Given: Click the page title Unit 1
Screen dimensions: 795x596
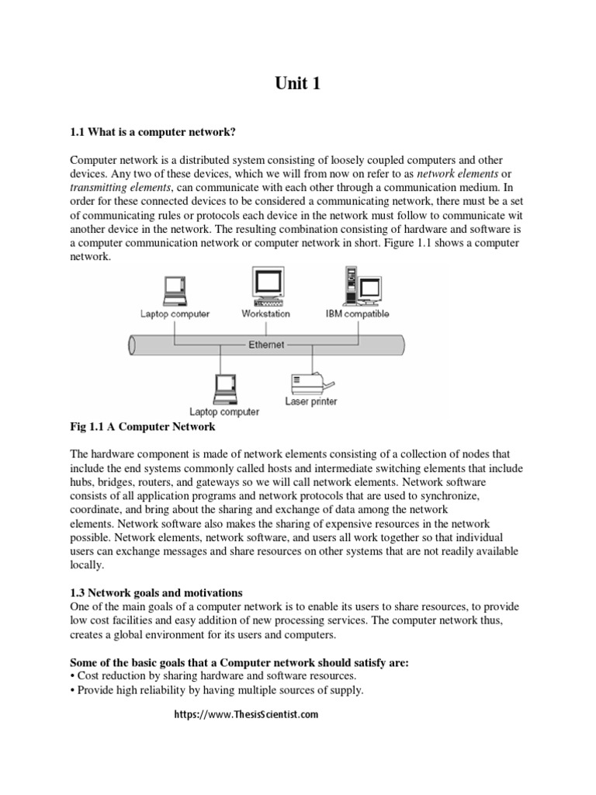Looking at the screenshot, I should (297, 85).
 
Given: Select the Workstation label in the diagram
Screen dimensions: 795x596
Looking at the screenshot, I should (265, 314).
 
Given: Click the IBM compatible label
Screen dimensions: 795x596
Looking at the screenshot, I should (357, 314).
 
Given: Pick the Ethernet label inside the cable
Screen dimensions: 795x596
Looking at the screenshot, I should (266, 345).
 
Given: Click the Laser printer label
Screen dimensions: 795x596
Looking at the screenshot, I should (310, 402).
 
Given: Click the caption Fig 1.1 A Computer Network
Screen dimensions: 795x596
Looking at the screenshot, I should (143, 428).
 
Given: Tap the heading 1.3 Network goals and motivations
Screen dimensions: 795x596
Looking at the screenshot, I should (156, 593).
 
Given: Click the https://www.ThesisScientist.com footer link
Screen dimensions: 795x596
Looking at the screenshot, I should (244, 715).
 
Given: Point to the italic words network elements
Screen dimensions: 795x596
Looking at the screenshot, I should (457, 173).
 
